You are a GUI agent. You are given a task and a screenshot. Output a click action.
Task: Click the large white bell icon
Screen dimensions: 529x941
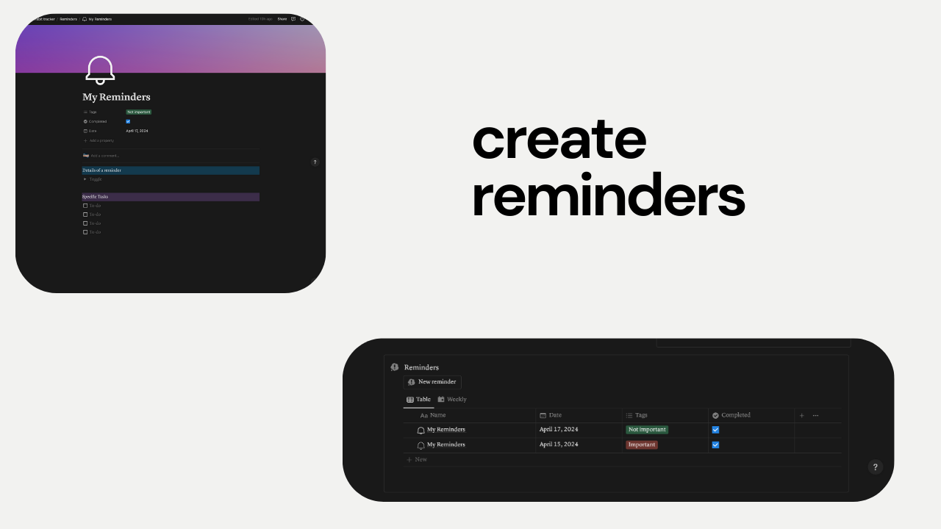coord(100,70)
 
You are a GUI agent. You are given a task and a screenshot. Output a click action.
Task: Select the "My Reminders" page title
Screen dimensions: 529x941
coord(116,97)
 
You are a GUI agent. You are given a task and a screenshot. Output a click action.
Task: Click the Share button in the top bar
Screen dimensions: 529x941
coord(282,19)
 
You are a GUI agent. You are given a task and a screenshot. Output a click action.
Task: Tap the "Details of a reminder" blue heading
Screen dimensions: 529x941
coord(102,170)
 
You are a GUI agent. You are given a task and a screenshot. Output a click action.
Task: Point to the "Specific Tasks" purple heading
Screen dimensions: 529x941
coord(96,197)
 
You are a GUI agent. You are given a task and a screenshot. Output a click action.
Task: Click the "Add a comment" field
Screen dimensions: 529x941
coord(104,156)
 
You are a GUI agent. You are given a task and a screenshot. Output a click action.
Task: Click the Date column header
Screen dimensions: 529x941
coord(555,415)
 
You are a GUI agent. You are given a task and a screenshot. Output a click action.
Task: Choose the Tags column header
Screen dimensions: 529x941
coord(641,415)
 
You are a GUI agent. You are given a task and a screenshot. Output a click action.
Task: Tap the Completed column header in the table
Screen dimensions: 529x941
coord(735,415)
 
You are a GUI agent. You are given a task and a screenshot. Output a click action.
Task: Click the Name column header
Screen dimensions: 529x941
coord(437,415)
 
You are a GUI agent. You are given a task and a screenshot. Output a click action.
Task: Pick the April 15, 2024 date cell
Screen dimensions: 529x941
coord(559,445)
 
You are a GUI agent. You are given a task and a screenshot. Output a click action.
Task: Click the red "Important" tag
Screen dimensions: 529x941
coord(642,445)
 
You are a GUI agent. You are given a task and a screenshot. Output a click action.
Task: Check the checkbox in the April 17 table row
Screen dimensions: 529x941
coord(715,430)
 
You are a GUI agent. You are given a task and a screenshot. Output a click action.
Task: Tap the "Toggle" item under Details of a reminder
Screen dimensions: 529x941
coord(96,179)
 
